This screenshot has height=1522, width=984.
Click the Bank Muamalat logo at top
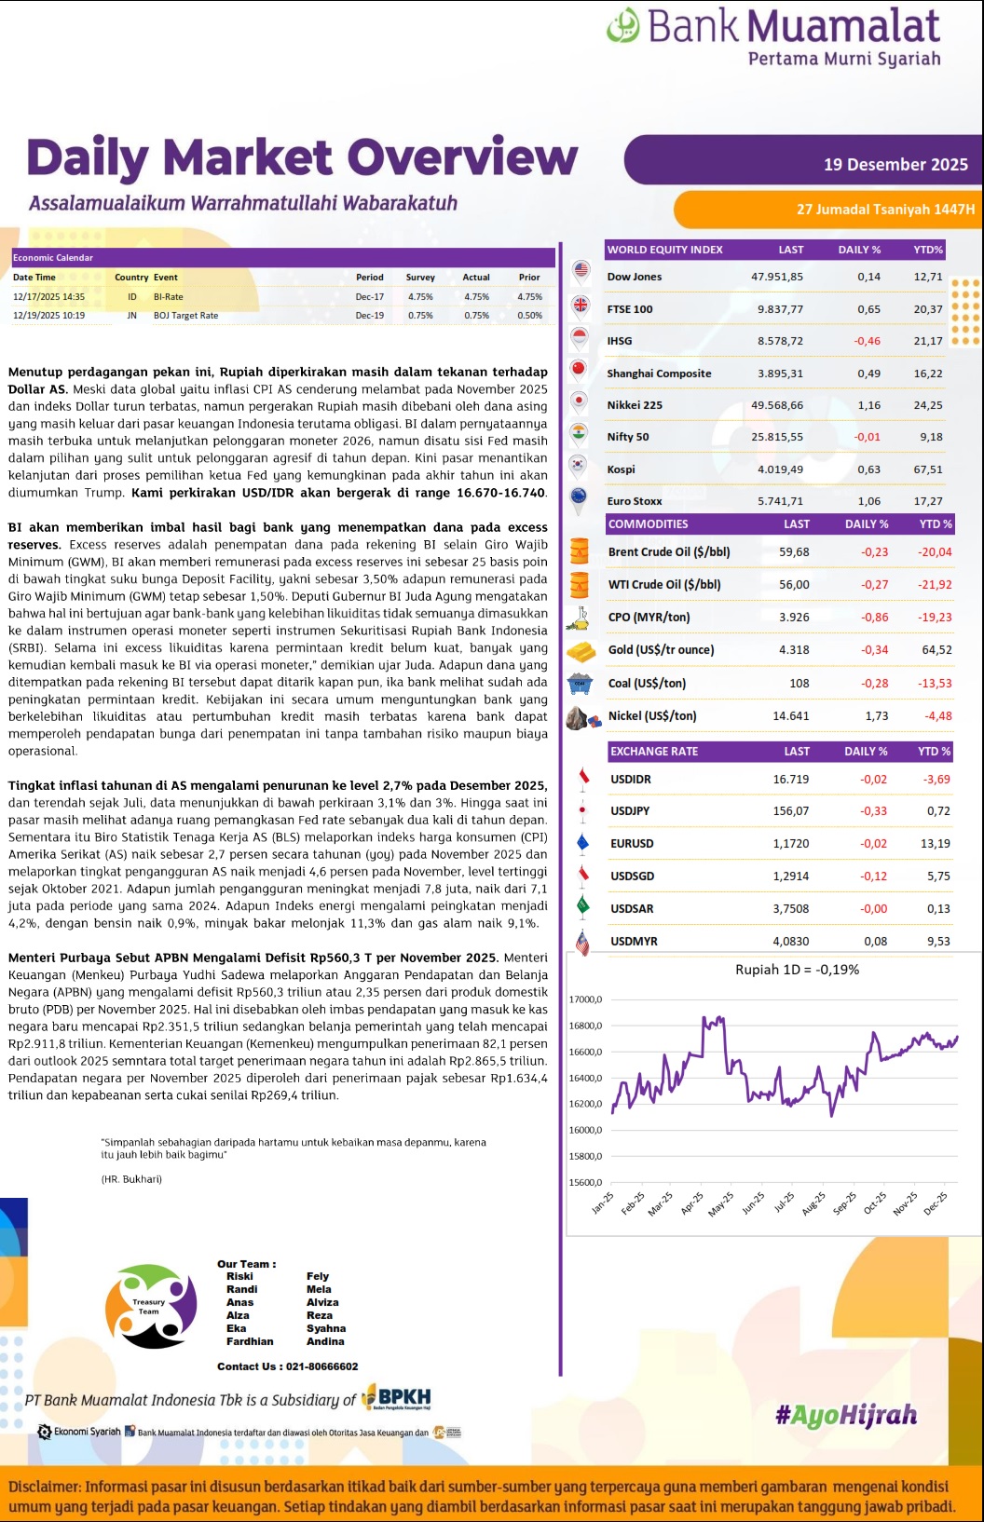773,35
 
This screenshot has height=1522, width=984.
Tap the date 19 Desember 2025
895,165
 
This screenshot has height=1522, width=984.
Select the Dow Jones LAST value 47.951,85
776,277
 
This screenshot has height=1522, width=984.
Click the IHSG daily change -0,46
867,341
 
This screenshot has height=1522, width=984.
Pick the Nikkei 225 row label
635,405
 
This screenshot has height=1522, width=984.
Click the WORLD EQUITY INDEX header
664,250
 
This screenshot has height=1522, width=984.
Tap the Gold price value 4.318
794,650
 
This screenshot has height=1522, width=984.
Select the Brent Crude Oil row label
668,552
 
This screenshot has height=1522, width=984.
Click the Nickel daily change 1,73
876,716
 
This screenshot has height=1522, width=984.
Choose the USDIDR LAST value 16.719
790,780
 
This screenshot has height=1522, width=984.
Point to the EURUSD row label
632,844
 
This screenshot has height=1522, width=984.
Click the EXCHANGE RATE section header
653,752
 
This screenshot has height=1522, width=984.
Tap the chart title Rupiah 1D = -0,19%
797,970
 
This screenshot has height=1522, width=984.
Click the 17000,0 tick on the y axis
585,999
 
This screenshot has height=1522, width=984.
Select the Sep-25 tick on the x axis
844,1203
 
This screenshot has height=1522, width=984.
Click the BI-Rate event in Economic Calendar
168,297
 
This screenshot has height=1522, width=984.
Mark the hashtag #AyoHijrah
845,1416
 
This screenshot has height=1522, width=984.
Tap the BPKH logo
397,1398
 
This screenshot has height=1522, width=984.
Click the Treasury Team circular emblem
150,1306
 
